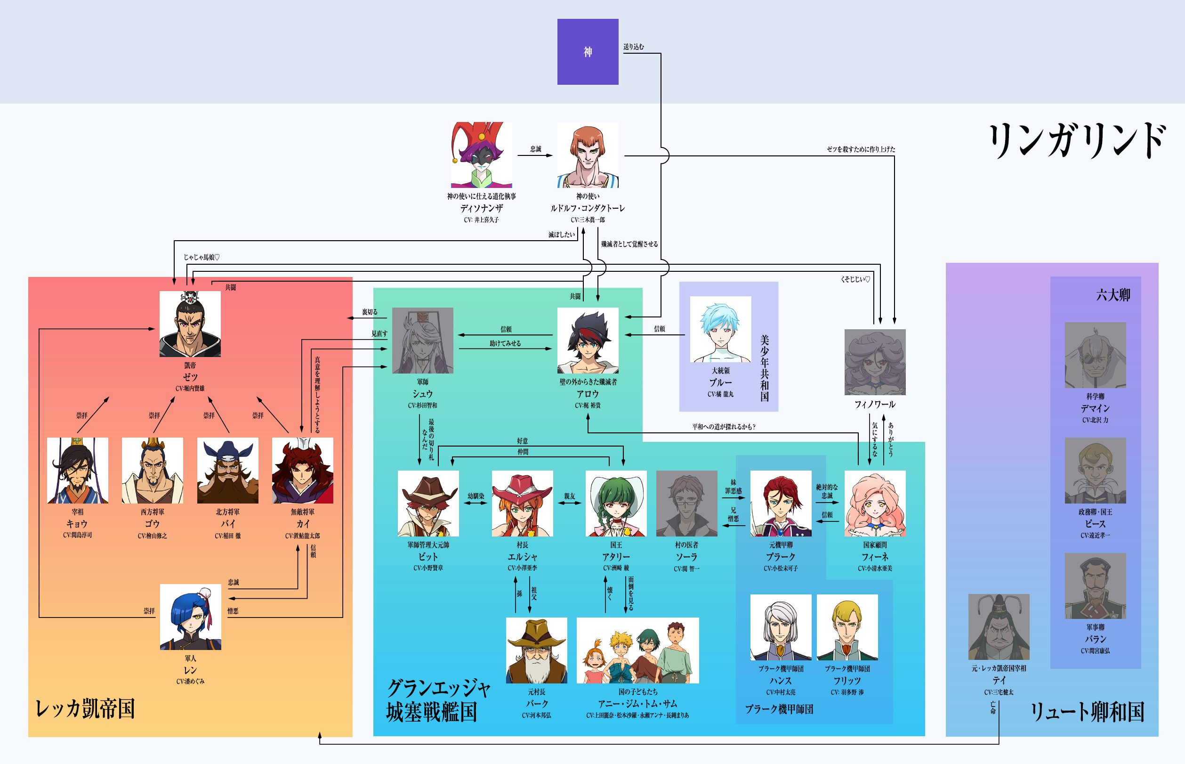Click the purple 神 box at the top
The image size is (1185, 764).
pyautogui.click(x=588, y=52)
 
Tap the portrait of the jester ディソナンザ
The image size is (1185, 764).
pyautogui.click(x=481, y=154)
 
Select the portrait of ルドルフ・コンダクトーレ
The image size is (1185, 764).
pyautogui.click(x=588, y=154)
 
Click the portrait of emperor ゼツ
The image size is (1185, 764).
pyautogui.click(x=190, y=324)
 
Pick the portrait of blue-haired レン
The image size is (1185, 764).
pyautogui.click(x=190, y=617)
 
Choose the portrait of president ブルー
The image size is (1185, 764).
pyautogui.click(x=720, y=329)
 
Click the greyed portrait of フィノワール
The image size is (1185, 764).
pyautogui.click(x=875, y=362)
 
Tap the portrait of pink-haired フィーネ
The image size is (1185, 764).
pyautogui.click(x=875, y=503)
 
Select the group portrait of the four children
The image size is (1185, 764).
pyautogui.click(x=637, y=650)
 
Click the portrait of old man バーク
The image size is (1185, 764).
pyautogui.click(x=536, y=650)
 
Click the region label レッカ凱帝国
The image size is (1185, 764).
pyautogui.click(x=85, y=708)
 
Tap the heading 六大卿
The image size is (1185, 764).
pyautogui.click(x=1112, y=295)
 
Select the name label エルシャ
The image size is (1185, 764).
pyautogui.click(x=522, y=557)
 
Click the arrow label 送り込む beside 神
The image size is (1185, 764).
pyautogui.click(x=634, y=47)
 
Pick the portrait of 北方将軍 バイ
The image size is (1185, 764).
pyautogui.click(x=227, y=470)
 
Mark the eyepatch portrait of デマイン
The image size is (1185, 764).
pyautogui.click(x=1095, y=355)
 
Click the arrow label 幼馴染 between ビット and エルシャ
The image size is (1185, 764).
pyautogui.click(x=476, y=496)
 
